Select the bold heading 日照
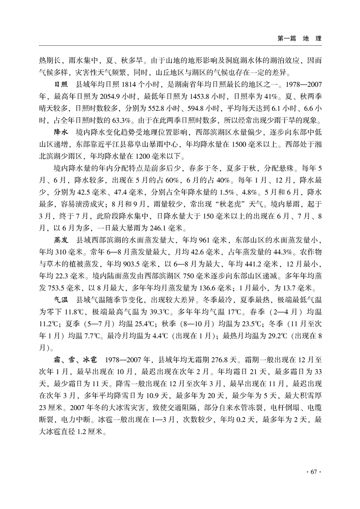click(x=61, y=84)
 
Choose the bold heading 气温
click(x=61, y=299)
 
